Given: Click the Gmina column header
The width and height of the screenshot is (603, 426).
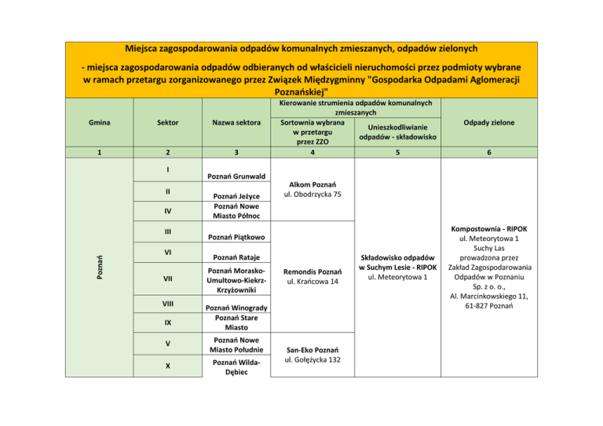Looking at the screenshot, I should (x=100, y=122).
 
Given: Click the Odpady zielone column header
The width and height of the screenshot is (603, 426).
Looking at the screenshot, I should (x=489, y=122).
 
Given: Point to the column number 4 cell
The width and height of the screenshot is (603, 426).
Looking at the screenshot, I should (x=312, y=155).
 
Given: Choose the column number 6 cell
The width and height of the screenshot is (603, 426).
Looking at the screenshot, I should (x=489, y=155).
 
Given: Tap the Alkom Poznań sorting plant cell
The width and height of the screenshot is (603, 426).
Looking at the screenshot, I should (x=312, y=188).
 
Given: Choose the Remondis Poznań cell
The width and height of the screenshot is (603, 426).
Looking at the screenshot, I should (x=312, y=274).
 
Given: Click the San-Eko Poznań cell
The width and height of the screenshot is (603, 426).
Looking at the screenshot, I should (x=312, y=355).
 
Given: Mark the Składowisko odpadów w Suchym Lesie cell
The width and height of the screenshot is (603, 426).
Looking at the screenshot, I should (x=397, y=267).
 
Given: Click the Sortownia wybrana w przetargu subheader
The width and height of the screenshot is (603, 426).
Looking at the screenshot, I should (x=312, y=132).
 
